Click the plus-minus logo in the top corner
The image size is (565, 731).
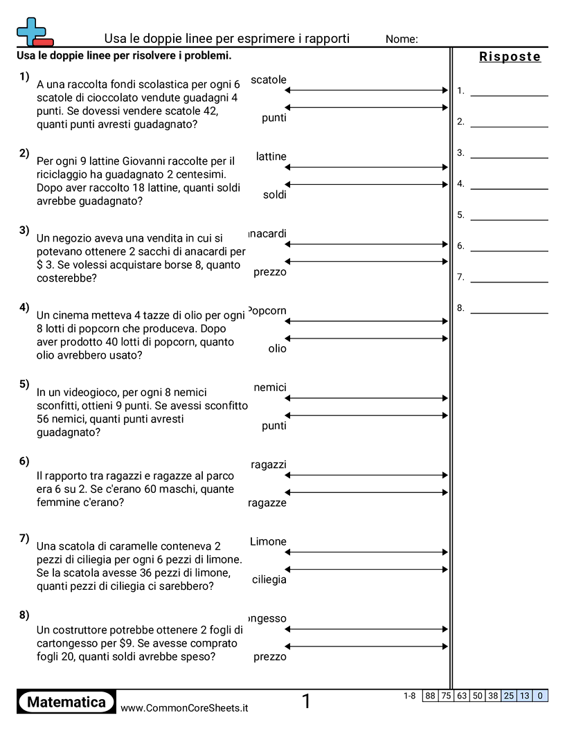(x=34, y=32)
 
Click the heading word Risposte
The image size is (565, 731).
(x=510, y=57)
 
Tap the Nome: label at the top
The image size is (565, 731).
(x=402, y=39)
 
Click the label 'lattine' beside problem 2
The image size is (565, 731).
(x=271, y=156)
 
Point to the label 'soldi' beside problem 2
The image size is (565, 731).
(x=274, y=195)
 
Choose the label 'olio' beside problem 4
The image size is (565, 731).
(x=277, y=349)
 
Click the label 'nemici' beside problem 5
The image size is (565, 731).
(x=270, y=388)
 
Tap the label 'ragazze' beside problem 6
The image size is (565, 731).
(x=267, y=503)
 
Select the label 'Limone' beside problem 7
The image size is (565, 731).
(x=268, y=541)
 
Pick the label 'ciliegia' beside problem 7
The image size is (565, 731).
(x=269, y=579)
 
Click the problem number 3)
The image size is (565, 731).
(x=24, y=231)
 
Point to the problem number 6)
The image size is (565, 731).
(x=24, y=461)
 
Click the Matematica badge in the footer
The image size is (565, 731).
(x=66, y=702)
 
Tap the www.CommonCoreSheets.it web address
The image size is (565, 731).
(x=184, y=708)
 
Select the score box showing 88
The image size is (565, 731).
(x=430, y=696)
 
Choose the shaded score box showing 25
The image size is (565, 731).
(x=509, y=696)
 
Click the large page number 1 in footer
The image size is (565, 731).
(x=306, y=702)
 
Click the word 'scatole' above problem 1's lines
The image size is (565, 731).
(x=269, y=80)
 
